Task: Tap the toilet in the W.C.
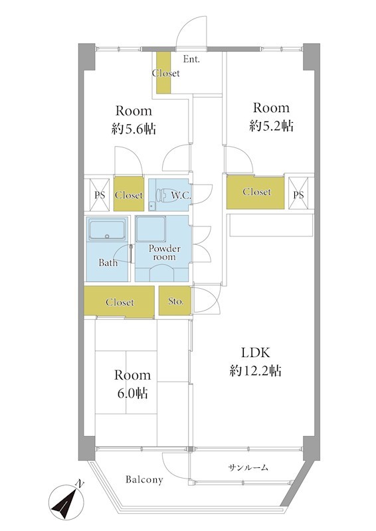coord(160,194)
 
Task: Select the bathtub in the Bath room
coord(107,230)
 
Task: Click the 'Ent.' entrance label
coord(191,59)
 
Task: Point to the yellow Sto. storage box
coord(175,301)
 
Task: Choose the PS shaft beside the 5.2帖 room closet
coord(298,192)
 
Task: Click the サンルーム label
coord(248,468)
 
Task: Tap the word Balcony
coord(144,479)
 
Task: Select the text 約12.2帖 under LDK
coord(256,371)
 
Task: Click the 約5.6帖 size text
coord(134,129)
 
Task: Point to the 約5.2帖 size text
coord(271,126)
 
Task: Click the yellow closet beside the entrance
coord(163,72)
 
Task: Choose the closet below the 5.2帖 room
coord(255,192)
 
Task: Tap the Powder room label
coord(165,253)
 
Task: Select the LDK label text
coord(256,352)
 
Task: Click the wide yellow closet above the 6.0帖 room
coord(119,302)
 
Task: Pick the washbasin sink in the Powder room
coord(161,273)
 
